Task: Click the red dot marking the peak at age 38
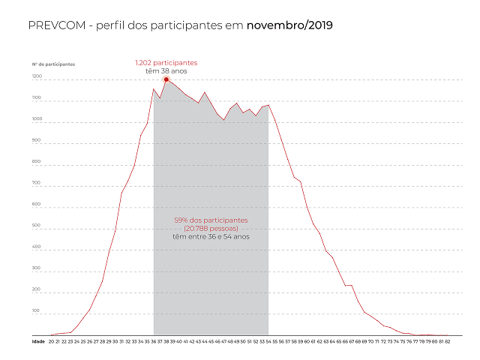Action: pyautogui.click(x=166, y=79)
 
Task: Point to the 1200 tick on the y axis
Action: pyautogui.click(x=37, y=77)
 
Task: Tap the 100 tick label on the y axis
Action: pyautogui.click(x=37, y=310)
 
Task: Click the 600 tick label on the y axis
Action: pyautogui.click(x=37, y=204)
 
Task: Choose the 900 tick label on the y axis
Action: pyautogui.click(x=37, y=140)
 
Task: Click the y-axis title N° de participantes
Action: pyautogui.click(x=53, y=64)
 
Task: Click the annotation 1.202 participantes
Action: pyautogui.click(x=166, y=62)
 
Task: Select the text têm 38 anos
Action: pyautogui.click(x=166, y=70)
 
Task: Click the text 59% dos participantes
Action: pyautogui.click(x=211, y=220)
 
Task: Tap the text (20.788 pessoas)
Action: pyautogui.click(x=211, y=228)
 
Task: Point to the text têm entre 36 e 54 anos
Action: pyautogui.click(x=211, y=236)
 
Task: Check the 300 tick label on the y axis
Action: pyautogui.click(x=37, y=267)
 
